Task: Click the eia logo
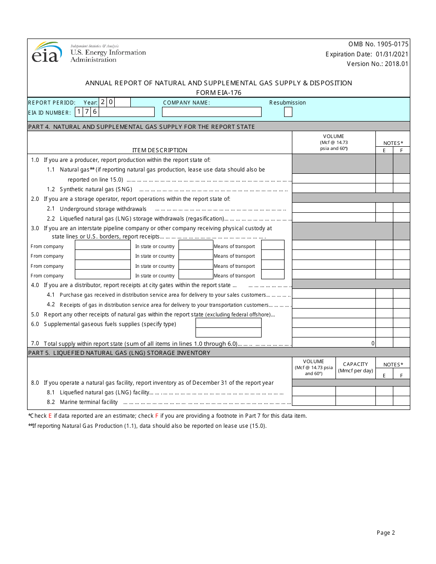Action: point(46,52)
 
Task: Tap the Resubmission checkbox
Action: point(288,112)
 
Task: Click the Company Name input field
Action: point(212,112)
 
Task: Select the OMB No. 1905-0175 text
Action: point(378,44)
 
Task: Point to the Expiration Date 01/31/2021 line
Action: point(367,54)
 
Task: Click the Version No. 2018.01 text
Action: point(377,64)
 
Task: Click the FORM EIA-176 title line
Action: point(218,93)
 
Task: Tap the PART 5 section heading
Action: point(119,353)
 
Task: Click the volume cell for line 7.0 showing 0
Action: point(334,343)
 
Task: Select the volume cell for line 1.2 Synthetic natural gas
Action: point(334,188)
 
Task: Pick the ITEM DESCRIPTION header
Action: point(160,150)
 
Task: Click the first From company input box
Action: point(103,245)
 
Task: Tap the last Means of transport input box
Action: point(273,274)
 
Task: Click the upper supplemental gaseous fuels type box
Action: point(228,323)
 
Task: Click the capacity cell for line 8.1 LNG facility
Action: point(355,391)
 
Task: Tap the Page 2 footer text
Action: point(386,532)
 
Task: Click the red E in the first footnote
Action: point(50,416)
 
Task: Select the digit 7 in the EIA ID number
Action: point(87,111)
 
